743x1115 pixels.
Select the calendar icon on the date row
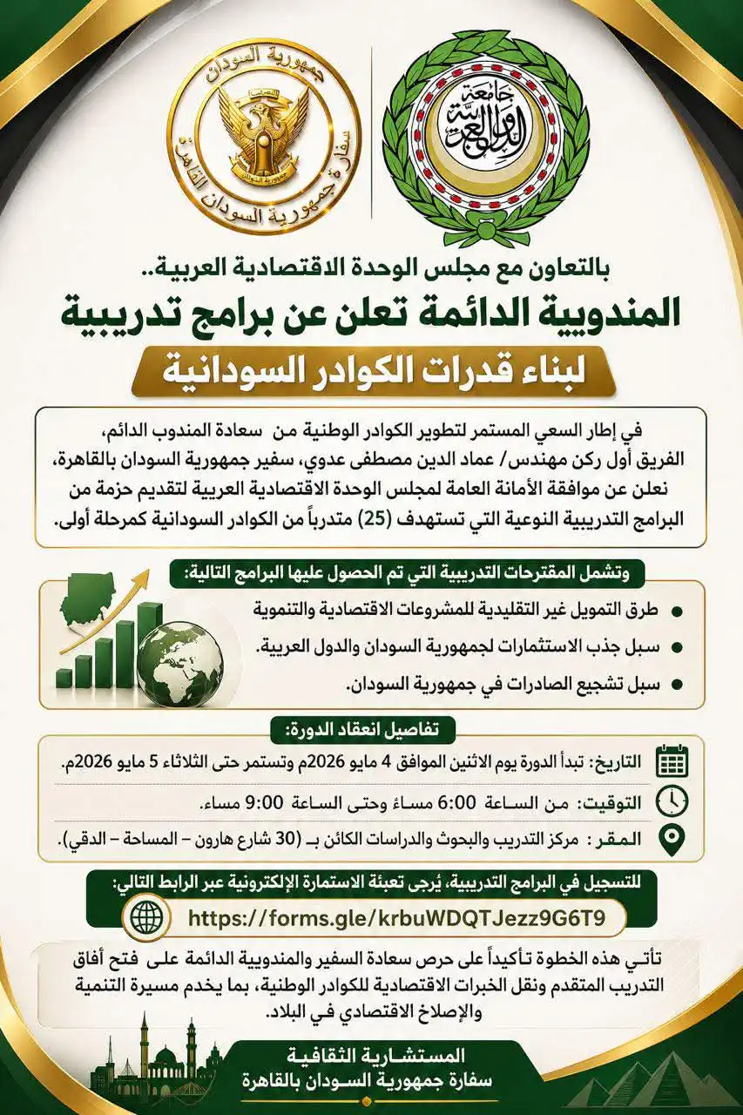(x=671, y=760)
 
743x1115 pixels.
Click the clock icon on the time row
(x=671, y=800)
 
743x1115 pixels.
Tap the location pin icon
(x=671, y=839)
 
